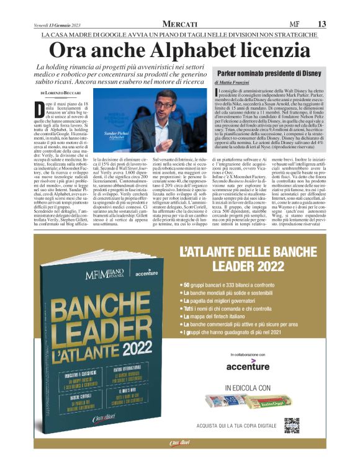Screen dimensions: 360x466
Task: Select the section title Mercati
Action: click(171, 23)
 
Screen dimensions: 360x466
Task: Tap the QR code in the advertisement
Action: click(292, 443)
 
